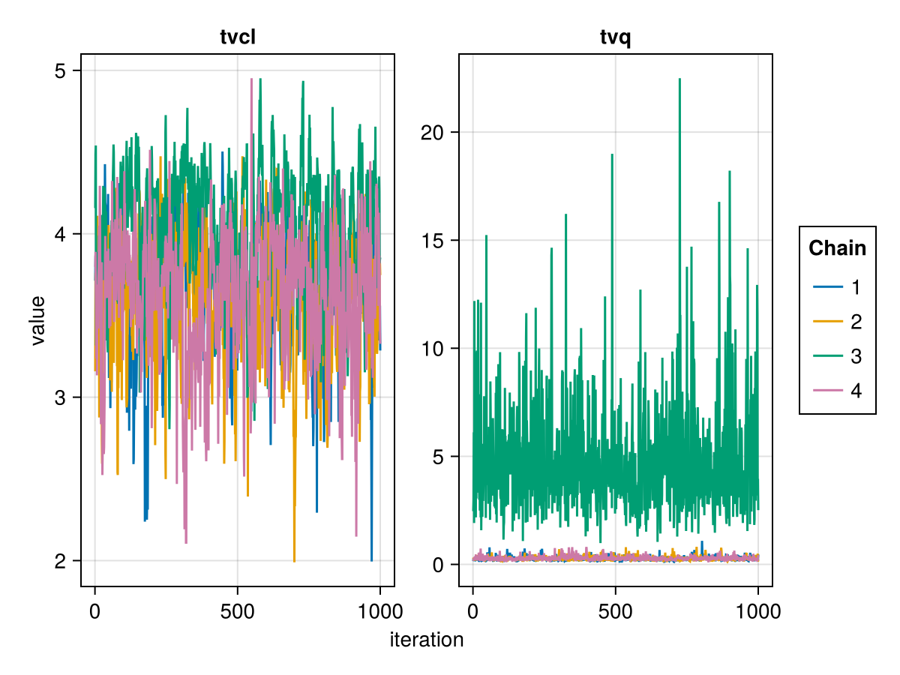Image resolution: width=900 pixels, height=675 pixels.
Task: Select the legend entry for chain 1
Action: tap(838, 287)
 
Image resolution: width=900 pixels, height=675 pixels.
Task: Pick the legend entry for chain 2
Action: tap(838, 322)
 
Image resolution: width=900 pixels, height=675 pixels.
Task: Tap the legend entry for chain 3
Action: tap(838, 356)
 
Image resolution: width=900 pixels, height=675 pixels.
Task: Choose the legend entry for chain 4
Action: tap(838, 391)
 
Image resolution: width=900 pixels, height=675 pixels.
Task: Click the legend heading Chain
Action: tap(837, 248)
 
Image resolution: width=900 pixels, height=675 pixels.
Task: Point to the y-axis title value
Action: tap(37, 320)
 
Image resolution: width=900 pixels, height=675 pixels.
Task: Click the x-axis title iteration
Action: tap(427, 640)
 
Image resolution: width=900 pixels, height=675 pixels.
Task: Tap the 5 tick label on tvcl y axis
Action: tap(61, 71)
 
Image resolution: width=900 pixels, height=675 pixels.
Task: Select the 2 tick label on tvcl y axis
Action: tap(61, 561)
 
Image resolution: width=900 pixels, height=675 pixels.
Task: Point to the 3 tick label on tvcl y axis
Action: tap(61, 397)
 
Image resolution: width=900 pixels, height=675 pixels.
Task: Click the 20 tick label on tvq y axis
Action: tap(432, 133)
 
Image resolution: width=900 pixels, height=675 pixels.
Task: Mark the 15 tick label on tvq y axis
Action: tap(432, 241)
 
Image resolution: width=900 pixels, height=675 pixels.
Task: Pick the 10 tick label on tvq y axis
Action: tap(432, 349)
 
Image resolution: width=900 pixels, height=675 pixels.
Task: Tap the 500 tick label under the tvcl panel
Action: tap(237, 611)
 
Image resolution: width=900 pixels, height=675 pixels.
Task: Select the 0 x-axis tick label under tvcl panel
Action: tap(94, 611)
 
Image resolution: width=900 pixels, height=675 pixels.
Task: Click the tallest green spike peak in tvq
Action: tap(679, 79)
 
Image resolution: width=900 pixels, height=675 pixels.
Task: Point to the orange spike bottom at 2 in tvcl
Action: tap(294, 560)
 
